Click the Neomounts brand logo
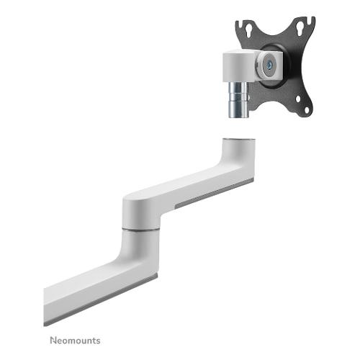click(x=75, y=341)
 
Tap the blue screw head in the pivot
click(x=271, y=64)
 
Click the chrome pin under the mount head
click(x=238, y=99)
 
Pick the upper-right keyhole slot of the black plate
click(x=300, y=29)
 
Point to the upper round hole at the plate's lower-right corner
click(x=298, y=99)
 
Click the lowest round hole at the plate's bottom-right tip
click(x=307, y=110)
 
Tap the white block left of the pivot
click(x=240, y=66)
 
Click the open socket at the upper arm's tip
click(x=238, y=139)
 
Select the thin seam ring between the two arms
click(x=140, y=230)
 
